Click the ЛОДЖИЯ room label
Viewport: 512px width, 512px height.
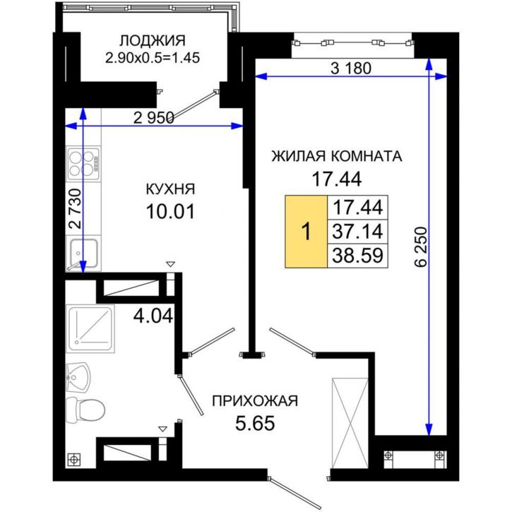(x=153, y=40)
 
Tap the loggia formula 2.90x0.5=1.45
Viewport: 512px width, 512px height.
(x=153, y=56)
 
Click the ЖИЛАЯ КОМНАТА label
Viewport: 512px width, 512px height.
(x=337, y=157)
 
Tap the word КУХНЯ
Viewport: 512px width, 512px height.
(x=169, y=189)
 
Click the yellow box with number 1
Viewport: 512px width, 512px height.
(x=306, y=232)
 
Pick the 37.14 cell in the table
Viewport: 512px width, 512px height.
(x=357, y=232)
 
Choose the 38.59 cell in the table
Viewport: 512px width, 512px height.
(x=357, y=255)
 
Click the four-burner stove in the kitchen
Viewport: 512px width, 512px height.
(x=83, y=162)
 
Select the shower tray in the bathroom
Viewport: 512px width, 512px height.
(x=90, y=328)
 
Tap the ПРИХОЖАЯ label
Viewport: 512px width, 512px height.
(x=255, y=401)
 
